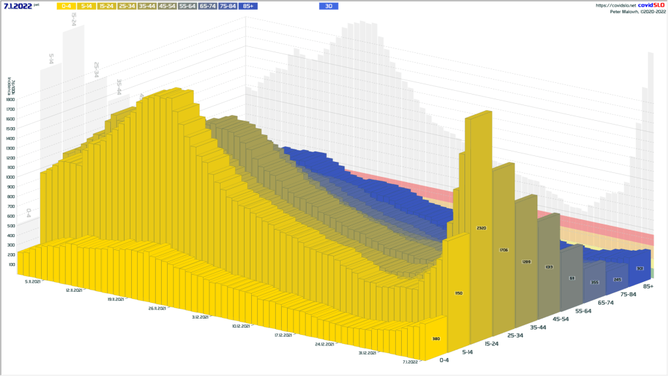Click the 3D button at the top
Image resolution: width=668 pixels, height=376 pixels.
click(329, 6)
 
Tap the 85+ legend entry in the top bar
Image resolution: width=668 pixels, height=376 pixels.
click(249, 6)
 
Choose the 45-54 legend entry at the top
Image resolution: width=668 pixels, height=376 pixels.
click(168, 6)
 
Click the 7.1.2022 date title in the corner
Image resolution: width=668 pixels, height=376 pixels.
click(18, 6)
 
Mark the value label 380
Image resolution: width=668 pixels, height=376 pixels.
click(436, 339)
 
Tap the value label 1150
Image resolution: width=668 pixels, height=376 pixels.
click(459, 293)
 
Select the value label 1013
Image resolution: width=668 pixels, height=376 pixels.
click(549, 266)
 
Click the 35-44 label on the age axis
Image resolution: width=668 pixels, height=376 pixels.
click(539, 326)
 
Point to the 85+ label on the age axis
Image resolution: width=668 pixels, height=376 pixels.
click(648, 287)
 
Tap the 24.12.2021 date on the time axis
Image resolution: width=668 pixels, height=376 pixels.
click(324, 344)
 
